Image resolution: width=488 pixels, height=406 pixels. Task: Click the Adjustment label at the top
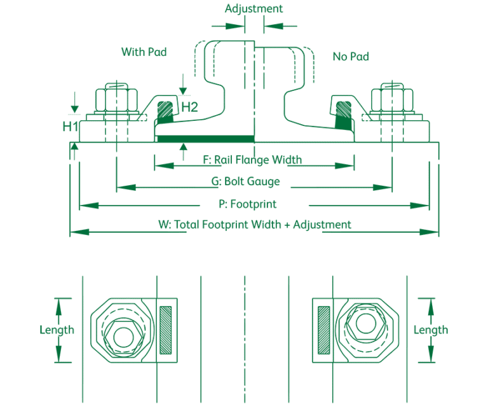254,9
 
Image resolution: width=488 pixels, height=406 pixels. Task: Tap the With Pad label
144,52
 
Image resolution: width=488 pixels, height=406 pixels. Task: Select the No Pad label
351,57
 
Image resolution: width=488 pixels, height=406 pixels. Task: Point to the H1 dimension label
69,127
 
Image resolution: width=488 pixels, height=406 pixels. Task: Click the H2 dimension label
189,106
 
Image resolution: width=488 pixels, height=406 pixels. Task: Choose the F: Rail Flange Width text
252,160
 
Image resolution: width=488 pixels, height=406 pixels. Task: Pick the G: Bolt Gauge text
245,182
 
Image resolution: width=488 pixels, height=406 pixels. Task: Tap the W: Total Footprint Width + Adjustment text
254,225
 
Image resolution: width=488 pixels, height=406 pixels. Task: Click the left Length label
57,330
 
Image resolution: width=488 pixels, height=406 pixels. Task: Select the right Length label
430,330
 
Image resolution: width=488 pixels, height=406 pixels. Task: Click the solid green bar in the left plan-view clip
166,329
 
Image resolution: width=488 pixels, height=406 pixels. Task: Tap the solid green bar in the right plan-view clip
323,329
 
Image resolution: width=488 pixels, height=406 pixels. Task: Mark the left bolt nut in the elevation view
116,99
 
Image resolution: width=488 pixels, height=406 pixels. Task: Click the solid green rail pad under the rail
205,138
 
